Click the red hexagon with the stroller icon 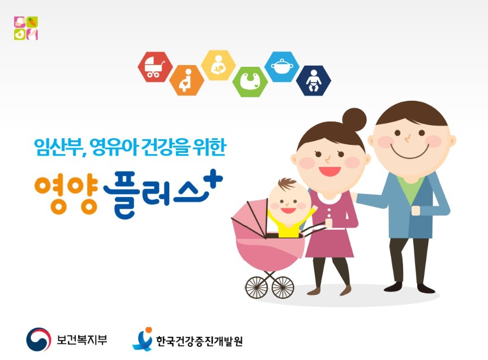pos(155,67)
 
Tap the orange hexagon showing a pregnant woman pos(187,80)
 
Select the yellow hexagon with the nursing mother pos(218,65)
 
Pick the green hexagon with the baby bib pos(250,82)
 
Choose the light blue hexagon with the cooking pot pos(282,67)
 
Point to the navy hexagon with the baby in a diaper pos(314,80)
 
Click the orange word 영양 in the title pos(66,195)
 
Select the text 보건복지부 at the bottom pos(82,340)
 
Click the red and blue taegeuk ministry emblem pos(38,339)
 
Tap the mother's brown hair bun pos(354,119)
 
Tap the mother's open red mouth pos(329,171)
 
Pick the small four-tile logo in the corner pos(26,28)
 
